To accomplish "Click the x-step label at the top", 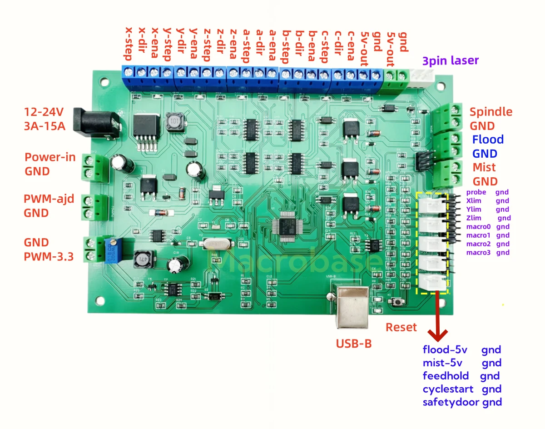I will (x=129, y=43).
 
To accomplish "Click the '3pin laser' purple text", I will (x=450, y=60).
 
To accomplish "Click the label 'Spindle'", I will (x=490, y=112).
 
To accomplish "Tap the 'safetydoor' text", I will (x=451, y=402).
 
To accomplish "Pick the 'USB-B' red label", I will (x=354, y=343).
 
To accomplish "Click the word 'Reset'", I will (x=401, y=327).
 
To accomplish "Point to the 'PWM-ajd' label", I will (x=49, y=199).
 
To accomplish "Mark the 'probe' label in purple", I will (x=476, y=192).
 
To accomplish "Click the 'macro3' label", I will (x=478, y=253).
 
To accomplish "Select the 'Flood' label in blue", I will (x=487, y=140).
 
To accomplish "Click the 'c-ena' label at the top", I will (x=351, y=45).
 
